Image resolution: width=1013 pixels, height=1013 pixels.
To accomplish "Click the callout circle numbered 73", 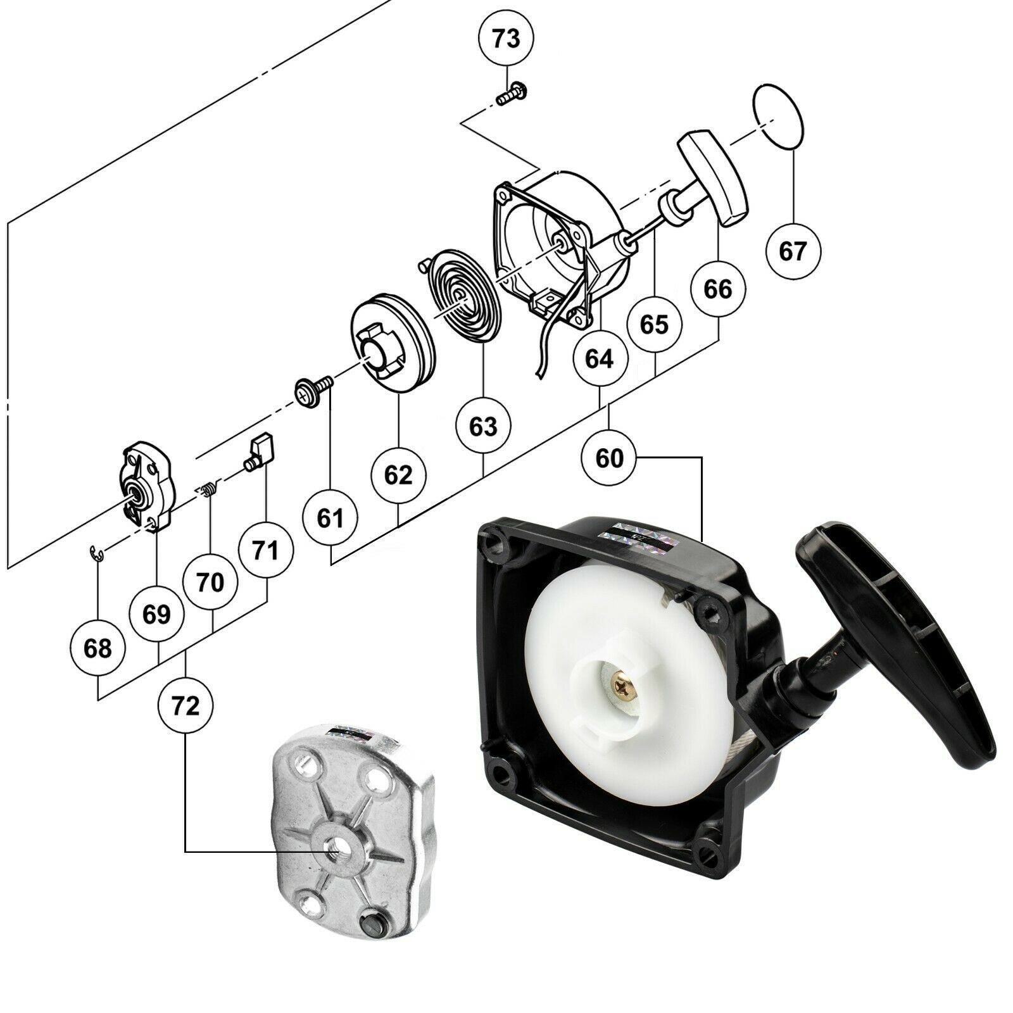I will tap(506, 39).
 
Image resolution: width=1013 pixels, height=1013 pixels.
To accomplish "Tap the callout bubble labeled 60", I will tap(609, 458).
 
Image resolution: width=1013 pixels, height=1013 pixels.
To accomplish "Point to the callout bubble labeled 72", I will tap(186, 706).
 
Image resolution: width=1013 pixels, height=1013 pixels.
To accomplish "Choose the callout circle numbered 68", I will tap(98, 648).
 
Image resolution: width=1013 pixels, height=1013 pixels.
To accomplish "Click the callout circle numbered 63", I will tap(483, 427).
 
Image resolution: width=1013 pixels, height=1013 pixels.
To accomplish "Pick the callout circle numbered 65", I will tap(654, 325).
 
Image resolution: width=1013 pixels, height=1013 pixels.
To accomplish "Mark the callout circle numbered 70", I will tap(211, 582).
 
